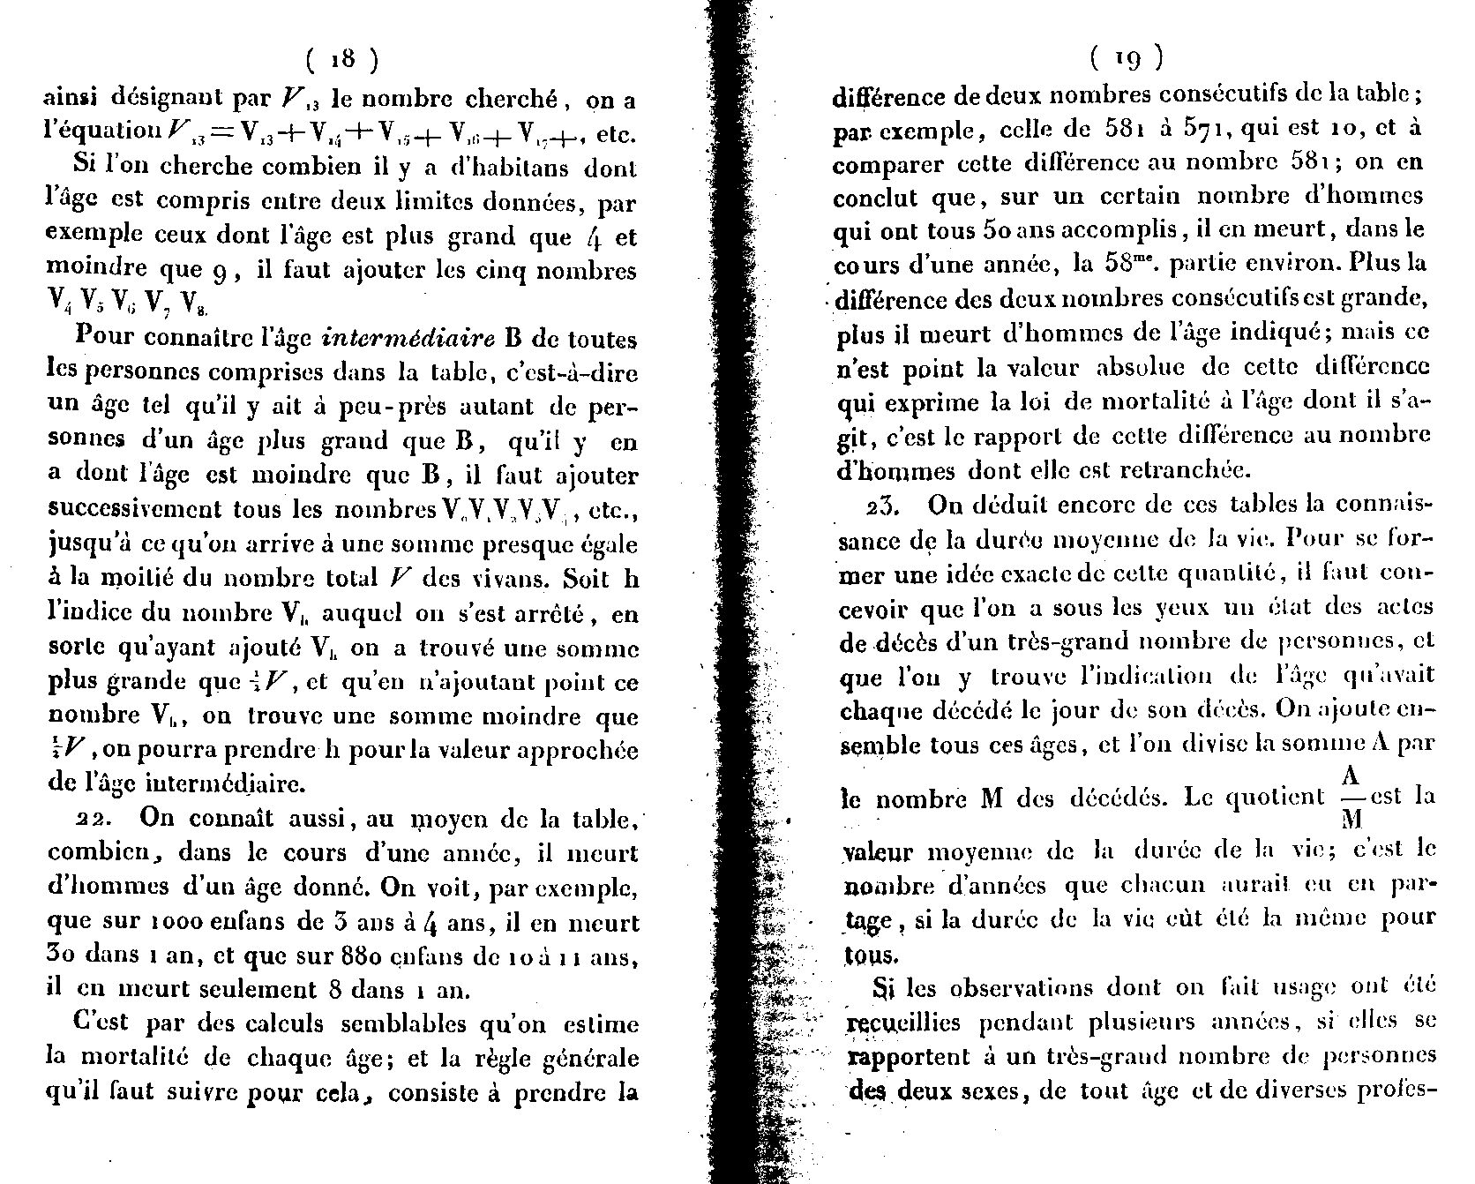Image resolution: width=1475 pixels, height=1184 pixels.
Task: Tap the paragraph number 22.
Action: tap(92, 819)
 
